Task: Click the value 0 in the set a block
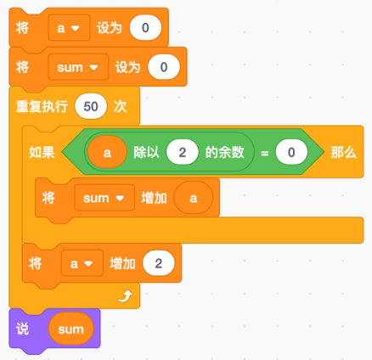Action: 145,28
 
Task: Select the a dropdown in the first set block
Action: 69,28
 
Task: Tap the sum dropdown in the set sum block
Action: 78,67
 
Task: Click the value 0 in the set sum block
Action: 164,67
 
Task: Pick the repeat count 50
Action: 91,106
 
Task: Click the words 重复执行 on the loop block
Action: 42,107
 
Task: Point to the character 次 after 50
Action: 120,107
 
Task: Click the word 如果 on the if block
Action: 42,153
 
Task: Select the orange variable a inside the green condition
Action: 107,153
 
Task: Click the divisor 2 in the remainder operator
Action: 183,152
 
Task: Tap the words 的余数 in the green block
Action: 224,152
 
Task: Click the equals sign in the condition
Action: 264,154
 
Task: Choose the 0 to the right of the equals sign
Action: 291,152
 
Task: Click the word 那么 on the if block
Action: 343,153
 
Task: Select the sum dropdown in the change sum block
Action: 104,198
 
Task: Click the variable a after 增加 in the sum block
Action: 194,198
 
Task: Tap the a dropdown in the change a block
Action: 82,263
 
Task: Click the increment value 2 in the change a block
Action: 159,263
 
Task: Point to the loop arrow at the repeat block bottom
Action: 125,296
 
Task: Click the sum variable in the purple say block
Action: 70,329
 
